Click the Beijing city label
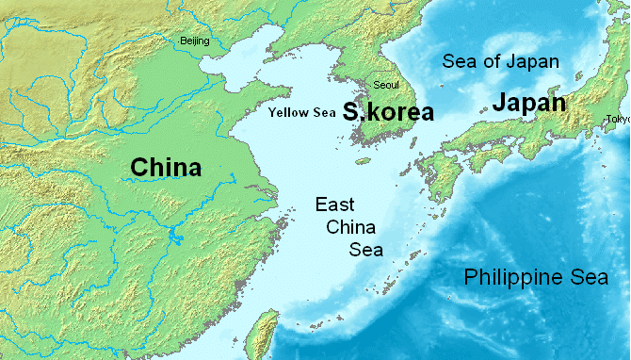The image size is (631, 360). [195, 41]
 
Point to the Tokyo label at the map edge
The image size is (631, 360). [618, 119]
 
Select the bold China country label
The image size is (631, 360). [166, 168]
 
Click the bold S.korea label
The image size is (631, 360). [388, 112]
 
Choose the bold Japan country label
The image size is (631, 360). [528, 104]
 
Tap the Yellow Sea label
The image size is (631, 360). [301, 113]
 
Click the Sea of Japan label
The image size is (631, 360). [501, 63]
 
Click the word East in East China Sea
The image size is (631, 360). [335, 204]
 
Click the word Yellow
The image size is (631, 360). [287, 113]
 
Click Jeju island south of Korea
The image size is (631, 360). [363, 161]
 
